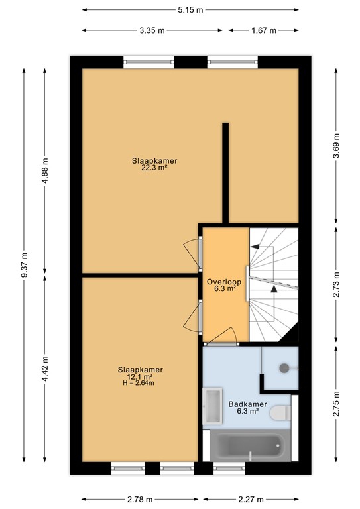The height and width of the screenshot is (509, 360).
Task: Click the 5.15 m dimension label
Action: (190, 10)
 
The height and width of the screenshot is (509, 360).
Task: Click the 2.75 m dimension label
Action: (336, 404)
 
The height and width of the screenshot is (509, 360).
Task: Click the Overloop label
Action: (224, 282)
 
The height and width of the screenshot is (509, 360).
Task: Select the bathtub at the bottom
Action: (249, 447)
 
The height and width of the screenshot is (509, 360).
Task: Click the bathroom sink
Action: (213, 406)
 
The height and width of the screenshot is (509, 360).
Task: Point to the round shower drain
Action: (284, 367)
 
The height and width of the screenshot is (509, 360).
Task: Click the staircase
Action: (272, 282)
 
